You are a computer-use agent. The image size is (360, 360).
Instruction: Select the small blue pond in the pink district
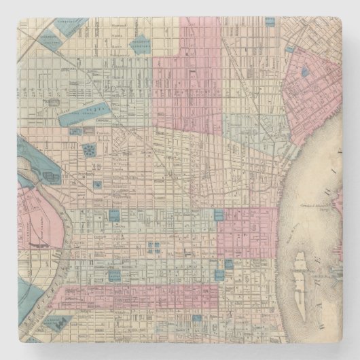(x=304, y=70)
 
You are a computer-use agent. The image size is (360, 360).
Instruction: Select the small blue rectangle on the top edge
(x=270, y=22)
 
